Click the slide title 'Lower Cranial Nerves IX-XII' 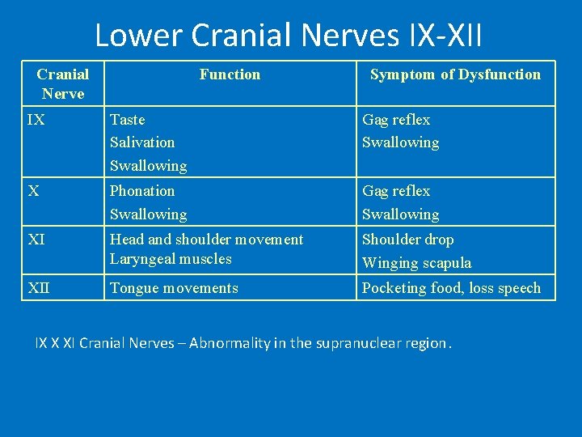(x=289, y=35)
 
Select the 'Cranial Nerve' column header (x=63, y=83)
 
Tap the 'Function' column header (x=230, y=74)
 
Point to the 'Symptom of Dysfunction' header (x=455, y=74)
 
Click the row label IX (x=36, y=120)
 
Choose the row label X (x=33, y=191)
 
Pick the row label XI (x=37, y=240)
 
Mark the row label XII (x=39, y=288)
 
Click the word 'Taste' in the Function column (x=128, y=120)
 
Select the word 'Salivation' (x=142, y=142)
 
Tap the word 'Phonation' (x=142, y=191)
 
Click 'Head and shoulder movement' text (x=206, y=240)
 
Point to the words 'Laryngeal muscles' (x=171, y=259)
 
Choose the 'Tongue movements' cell (x=174, y=288)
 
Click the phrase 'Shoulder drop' (x=407, y=240)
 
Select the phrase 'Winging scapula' (x=416, y=263)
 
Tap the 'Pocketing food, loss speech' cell (x=451, y=288)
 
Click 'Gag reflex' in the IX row (x=396, y=120)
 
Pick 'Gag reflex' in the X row (x=396, y=191)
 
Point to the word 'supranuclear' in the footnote (x=356, y=343)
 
